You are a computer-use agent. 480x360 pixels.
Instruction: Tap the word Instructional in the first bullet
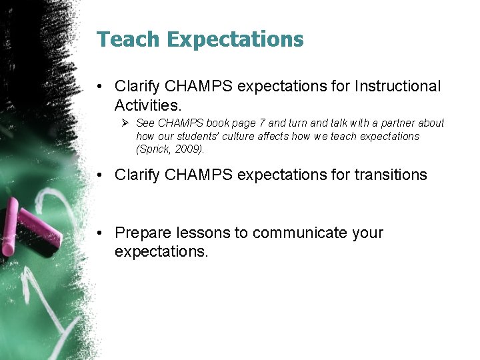point(398,86)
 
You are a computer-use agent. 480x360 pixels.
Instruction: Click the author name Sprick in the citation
point(155,149)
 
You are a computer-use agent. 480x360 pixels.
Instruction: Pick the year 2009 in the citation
point(189,149)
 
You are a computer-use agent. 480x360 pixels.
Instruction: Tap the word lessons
point(203,233)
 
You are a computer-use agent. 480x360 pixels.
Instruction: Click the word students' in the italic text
point(184,136)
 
